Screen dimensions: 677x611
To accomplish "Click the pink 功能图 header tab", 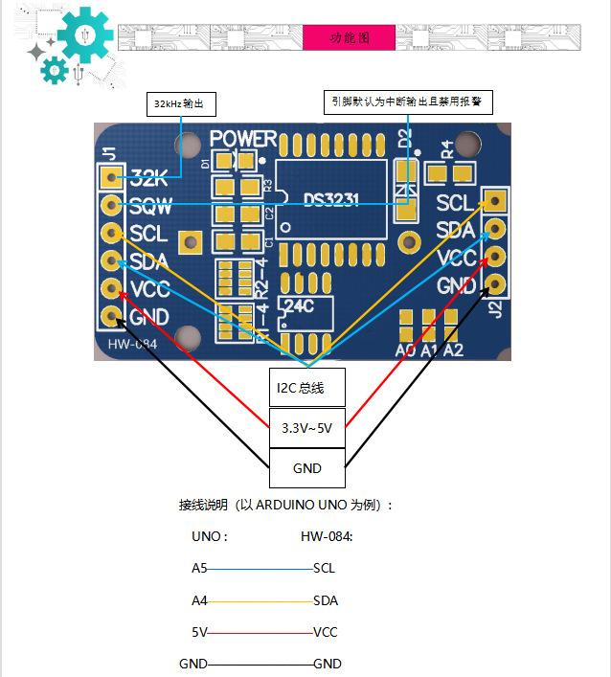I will (x=349, y=37).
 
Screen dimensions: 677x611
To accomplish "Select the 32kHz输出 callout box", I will (x=179, y=103).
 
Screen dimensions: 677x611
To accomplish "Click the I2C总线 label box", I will (x=305, y=388).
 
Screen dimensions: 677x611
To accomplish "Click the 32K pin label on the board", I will (x=148, y=178).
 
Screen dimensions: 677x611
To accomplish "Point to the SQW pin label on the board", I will (x=149, y=205).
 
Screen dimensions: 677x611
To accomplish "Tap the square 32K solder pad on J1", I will (x=112, y=177).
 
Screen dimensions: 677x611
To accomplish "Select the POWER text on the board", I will (x=243, y=140).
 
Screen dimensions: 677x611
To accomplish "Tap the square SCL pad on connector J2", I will (x=495, y=200).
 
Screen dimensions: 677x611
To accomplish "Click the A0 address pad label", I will (x=406, y=350).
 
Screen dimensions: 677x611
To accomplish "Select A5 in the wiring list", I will (x=199, y=568).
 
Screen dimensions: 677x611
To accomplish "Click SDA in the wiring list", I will (x=326, y=600).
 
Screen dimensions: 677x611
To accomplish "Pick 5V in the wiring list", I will (x=199, y=632).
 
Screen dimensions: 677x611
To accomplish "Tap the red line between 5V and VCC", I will (x=260, y=632).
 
